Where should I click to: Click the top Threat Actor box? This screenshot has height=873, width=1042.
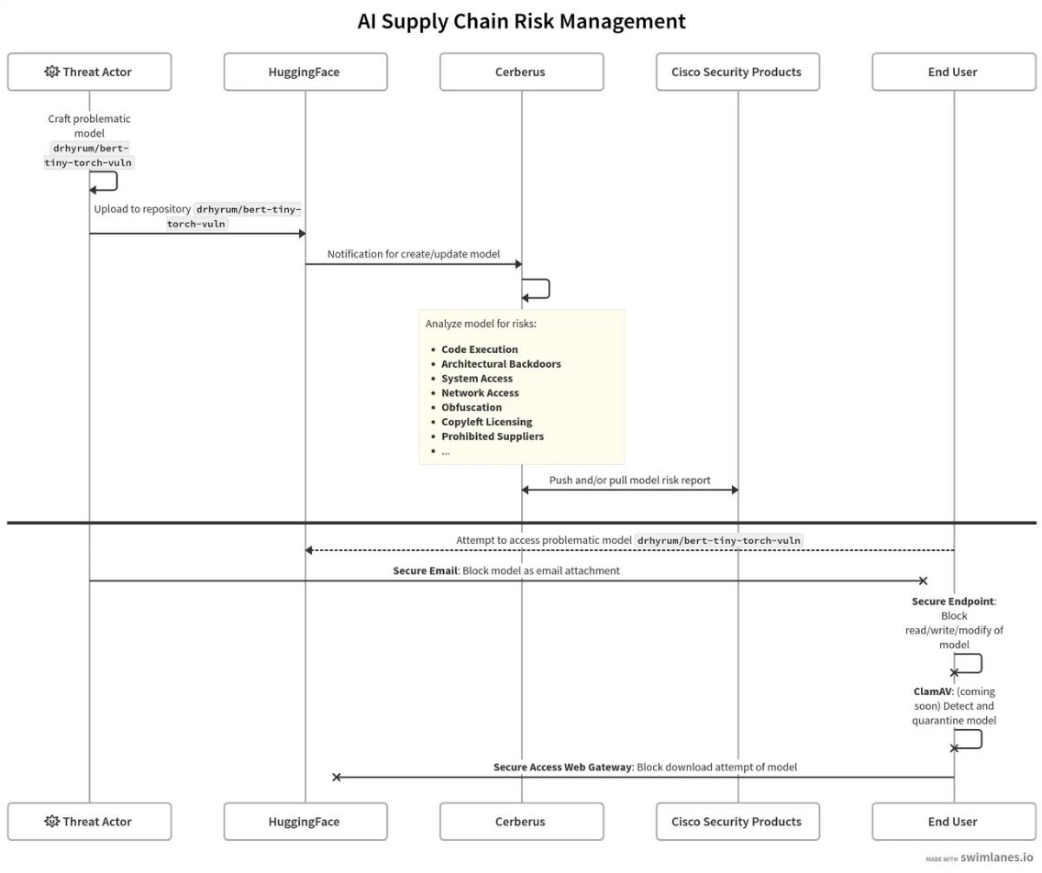click(x=89, y=72)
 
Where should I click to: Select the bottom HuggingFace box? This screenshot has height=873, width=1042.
click(x=305, y=822)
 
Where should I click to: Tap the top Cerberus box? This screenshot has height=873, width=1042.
click(x=520, y=72)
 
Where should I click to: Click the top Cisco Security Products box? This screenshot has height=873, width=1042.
click(x=737, y=72)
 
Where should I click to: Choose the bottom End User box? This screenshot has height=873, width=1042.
click(x=953, y=822)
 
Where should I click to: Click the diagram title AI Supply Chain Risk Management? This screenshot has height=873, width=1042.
click(x=521, y=21)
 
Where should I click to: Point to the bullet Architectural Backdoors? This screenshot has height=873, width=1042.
click(x=501, y=364)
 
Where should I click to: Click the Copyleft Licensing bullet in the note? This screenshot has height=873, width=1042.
click(x=486, y=422)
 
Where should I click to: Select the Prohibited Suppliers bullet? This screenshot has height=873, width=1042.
click(x=492, y=436)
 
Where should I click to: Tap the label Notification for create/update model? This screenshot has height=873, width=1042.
click(x=414, y=254)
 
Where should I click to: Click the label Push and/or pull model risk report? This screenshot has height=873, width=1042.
click(x=629, y=480)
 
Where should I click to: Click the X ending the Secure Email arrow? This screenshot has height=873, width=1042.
click(x=924, y=580)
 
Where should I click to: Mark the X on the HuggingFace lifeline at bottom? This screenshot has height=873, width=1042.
click(x=337, y=777)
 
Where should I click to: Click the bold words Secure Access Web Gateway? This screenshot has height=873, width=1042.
click(x=562, y=767)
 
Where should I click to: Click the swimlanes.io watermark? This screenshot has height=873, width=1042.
click(x=996, y=857)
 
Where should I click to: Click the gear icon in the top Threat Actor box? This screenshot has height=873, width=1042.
click(x=51, y=72)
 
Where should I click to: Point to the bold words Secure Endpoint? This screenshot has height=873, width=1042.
click(x=952, y=602)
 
